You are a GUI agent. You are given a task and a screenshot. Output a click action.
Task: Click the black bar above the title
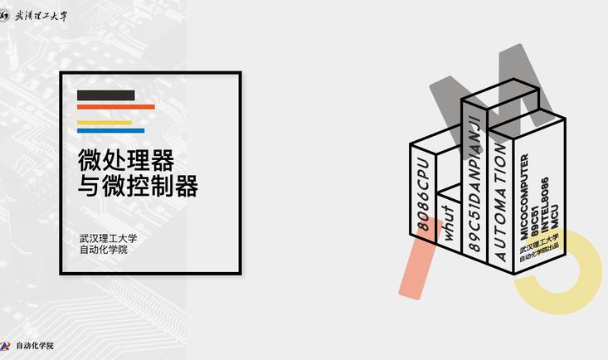pos(106,95)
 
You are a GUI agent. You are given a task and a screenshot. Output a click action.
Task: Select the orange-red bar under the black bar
pos(116,107)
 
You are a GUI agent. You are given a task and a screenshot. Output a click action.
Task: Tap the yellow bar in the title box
pos(105,123)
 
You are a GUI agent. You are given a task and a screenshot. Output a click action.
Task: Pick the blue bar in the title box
pos(111,130)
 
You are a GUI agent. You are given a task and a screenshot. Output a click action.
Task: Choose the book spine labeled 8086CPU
pos(423,192)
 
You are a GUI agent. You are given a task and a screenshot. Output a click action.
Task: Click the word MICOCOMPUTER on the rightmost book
pos(524,196)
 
